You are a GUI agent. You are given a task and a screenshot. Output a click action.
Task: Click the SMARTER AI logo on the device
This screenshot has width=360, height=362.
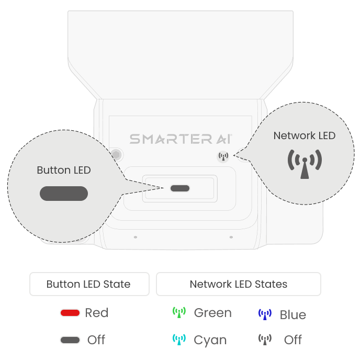[181, 139]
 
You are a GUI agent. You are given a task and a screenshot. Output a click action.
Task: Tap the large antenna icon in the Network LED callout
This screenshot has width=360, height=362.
[305, 164]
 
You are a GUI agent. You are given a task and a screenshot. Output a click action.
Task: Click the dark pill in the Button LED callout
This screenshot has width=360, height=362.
[64, 194]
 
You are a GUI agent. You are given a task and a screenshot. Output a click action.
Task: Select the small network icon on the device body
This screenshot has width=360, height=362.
[223, 156]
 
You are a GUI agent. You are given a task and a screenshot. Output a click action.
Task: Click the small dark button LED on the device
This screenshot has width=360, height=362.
[180, 188]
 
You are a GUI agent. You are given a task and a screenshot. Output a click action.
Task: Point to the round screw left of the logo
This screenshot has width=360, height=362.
[116, 155]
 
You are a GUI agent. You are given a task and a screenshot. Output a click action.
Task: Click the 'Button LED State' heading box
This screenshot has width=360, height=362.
[89, 285]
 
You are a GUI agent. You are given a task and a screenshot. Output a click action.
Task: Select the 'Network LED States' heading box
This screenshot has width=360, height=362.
[239, 285]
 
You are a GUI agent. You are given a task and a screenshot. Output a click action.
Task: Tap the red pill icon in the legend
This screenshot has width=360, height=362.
[70, 313]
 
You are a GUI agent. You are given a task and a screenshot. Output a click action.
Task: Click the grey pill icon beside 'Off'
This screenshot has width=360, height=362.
[70, 340]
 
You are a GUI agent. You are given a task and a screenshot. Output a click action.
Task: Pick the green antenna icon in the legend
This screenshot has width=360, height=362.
[179, 313]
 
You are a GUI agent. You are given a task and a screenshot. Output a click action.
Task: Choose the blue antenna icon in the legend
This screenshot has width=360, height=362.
[265, 314]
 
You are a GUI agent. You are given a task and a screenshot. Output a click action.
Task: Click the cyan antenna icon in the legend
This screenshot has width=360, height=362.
[179, 340]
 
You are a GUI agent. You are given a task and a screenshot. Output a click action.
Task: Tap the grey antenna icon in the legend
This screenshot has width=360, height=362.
[265, 340]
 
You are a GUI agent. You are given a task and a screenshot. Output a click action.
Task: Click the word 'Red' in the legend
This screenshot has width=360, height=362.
[97, 313]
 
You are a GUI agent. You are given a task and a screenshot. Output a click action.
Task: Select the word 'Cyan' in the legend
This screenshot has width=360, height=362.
[210, 340]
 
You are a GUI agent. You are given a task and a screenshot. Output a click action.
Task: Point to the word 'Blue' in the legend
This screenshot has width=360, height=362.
[293, 315]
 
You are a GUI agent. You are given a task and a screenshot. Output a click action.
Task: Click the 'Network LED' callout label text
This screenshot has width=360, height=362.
[305, 135]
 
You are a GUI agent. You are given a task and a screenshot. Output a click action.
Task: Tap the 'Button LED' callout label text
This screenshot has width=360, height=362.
[64, 170]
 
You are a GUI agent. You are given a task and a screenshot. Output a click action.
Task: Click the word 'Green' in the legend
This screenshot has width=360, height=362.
[212, 313]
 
